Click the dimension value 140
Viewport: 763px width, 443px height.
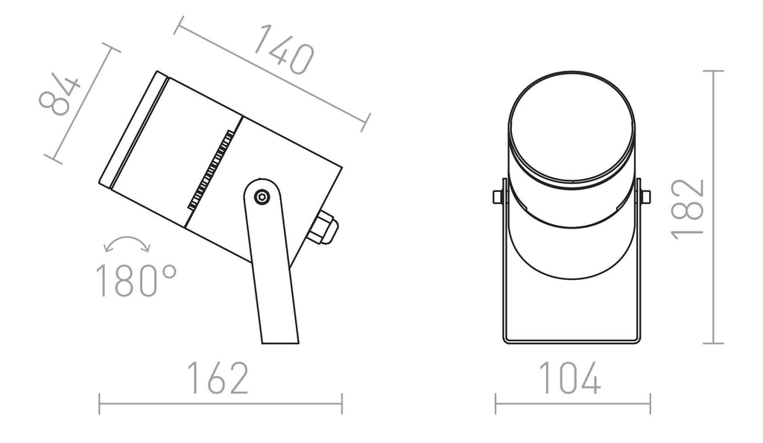pos(284,49)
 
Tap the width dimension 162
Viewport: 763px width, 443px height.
pos(218,377)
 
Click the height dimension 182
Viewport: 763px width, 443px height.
pos(688,209)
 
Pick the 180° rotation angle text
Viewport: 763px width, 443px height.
pos(136,281)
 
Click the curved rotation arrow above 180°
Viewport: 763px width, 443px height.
pos(127,243)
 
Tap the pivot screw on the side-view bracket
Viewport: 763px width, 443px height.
pos(262,197)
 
